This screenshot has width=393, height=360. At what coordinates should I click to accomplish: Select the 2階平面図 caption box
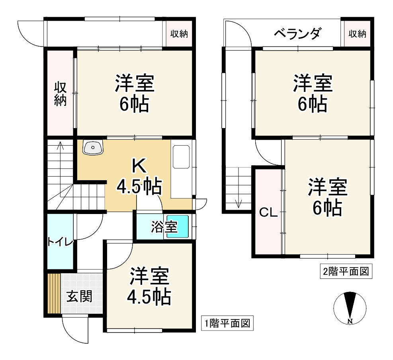[346, 272]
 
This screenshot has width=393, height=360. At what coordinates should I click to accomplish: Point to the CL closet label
[268, 213]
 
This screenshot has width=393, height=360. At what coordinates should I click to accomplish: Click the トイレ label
[60, 242]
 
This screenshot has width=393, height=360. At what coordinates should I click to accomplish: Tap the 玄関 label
[80, 296]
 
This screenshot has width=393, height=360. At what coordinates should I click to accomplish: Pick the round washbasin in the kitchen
[93, 148]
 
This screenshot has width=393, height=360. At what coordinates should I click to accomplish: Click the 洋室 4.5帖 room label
[149, 286]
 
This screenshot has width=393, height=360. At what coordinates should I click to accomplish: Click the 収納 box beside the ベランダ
[357, 34]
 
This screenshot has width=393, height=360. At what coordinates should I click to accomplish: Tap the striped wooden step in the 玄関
[53, 294]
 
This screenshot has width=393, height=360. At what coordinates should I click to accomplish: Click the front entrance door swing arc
[72, 331]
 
